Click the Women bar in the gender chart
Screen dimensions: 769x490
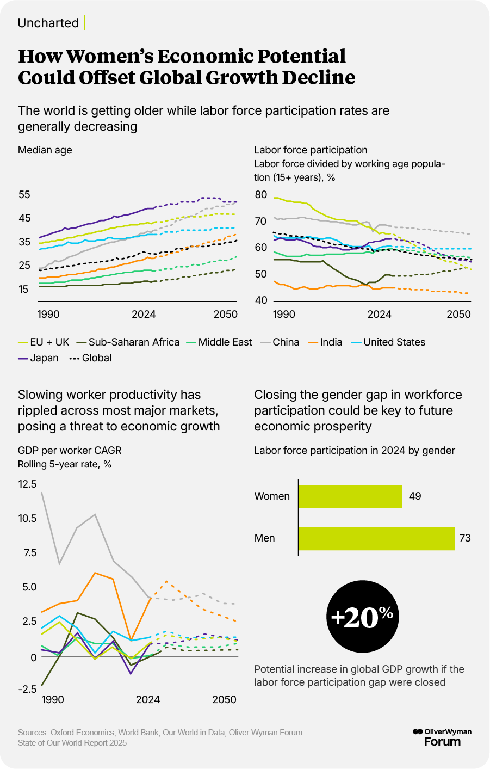click(350, 496)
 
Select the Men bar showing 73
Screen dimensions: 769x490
click(376, 538)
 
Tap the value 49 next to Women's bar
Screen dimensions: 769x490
click(415, 496)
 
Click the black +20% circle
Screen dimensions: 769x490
click(362, 616)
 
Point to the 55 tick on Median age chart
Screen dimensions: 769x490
click(24, 195)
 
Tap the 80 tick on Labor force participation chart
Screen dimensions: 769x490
click(260, 195)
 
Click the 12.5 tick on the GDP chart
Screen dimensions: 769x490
click(27, 484)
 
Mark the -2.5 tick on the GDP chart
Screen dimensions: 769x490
click(27, 689)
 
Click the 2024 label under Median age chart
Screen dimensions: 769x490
click(144, 315)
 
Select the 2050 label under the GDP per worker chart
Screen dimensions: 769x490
click(224, 700)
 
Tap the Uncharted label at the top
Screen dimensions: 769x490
click(48, 23)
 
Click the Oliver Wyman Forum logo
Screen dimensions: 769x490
click(442, 737)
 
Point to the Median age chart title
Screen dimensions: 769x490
click(45, 150)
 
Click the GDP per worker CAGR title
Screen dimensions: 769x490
click(70, 451)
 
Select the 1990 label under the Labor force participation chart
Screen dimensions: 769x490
click(284, 315)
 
